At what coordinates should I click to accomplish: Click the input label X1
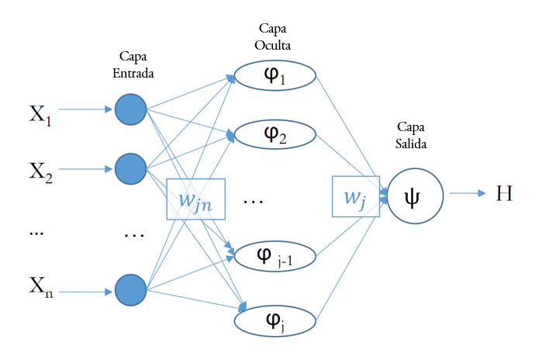tap(40, 114)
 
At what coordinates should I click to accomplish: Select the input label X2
tap(40, 172)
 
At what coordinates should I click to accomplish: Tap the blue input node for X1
tap(130, 109)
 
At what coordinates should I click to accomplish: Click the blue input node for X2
tap(130, 168)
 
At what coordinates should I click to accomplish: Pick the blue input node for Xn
tap(130, 289)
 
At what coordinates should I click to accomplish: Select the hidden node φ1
tap(274, 76)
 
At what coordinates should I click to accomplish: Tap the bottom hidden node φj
tap(274, 318)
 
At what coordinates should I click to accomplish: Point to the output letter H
tap(504, 192)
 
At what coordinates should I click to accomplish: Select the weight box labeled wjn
tap(195, 199)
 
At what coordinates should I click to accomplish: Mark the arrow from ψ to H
tap(468, 194)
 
